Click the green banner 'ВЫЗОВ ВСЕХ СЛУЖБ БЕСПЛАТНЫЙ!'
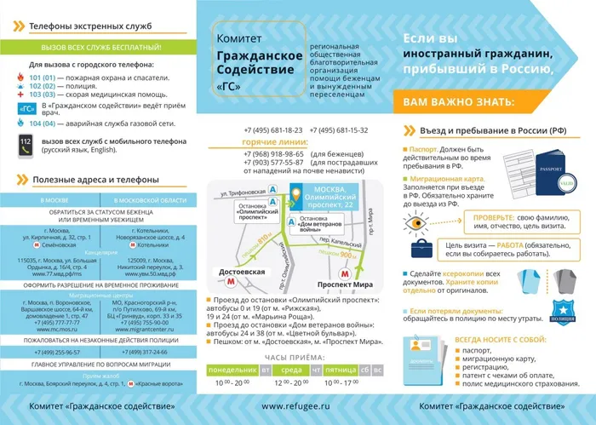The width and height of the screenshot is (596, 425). (x=95, y=49)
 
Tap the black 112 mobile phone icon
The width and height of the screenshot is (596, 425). (x=25, y=143)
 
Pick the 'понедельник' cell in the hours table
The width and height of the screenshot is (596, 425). (x=232, y=370)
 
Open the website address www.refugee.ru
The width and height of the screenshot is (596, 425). (x=294, y=410)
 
